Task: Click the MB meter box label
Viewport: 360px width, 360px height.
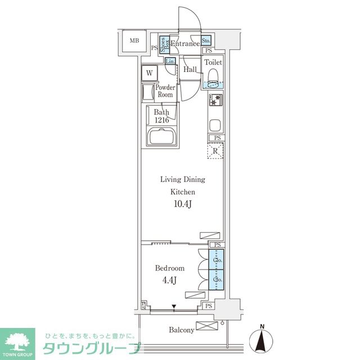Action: (134, 41)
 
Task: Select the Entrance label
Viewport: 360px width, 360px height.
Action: (184, 44)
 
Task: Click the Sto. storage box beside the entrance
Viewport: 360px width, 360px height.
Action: (206, 41)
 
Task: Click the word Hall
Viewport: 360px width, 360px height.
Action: (190, 69)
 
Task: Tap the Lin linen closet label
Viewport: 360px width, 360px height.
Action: (170, 61)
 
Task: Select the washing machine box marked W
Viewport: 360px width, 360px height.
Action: (150, 73)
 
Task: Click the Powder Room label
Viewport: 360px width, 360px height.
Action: (165, 91)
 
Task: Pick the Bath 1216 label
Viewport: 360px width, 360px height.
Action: (161, 115)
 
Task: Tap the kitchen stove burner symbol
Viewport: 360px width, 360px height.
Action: (215, 101)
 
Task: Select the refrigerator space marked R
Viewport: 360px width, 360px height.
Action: (216, 151)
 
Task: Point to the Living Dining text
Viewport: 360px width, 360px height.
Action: (183, 179)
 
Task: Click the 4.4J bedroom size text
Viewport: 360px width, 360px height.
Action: (171, 280)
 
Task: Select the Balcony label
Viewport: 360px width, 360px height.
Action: (182, 330)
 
